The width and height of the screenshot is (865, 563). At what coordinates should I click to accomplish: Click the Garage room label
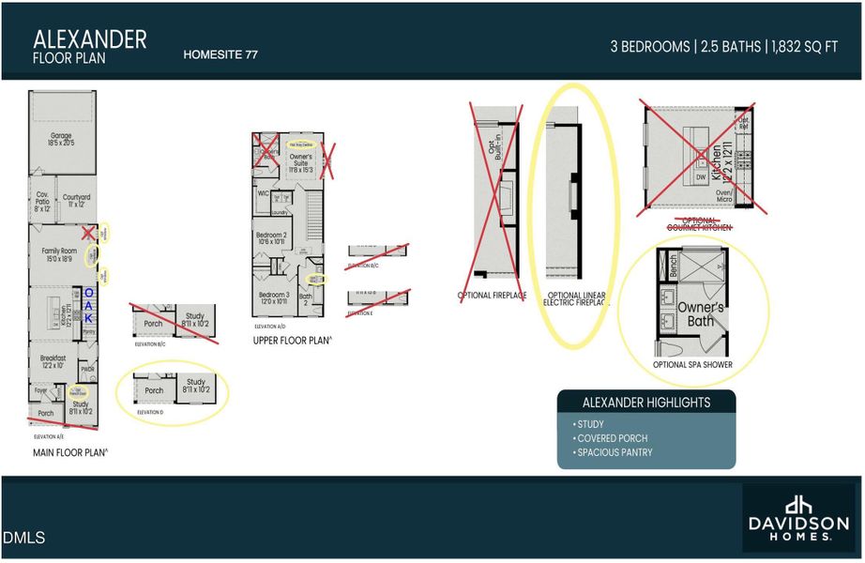pyautogui.click(x=61, y=140)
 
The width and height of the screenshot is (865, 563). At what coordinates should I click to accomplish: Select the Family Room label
pyautogui.click(x=58, y=253)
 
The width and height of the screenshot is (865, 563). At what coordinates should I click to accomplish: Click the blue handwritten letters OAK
pyautogui.click(x=89, y=306)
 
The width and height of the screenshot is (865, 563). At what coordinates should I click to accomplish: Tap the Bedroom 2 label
pyautogui.click(x=272, y=237)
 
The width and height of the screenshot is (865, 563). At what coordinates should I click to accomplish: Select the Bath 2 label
pyautogui.click(x=305, y=299)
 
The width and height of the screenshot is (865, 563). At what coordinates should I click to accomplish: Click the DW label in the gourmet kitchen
pyautogui.click(x=701, y=175)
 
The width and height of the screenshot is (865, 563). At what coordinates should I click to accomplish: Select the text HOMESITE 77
pyautogui.click(x=220, y=55)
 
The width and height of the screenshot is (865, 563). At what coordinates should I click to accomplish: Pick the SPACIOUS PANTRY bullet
pyautogui.click(x=613, y=453)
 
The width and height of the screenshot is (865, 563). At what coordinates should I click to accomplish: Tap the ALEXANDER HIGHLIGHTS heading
pyautogui.click(x=646, y=403)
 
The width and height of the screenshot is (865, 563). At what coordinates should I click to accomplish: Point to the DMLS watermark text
pyautogui.click(x=23, y=538)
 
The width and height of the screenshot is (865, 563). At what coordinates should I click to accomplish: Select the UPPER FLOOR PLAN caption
pyautogui.click(x=292, y=341)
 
